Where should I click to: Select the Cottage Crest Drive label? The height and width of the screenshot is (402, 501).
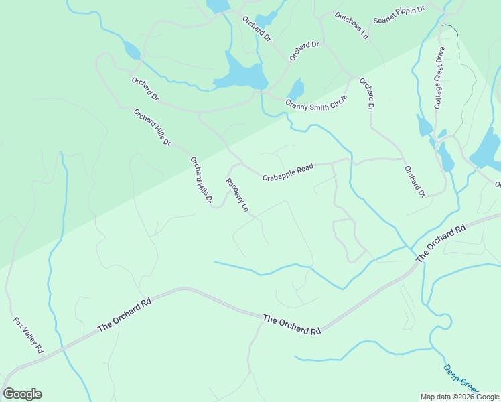[439, 82]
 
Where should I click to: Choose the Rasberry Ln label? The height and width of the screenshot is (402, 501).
[237, 196]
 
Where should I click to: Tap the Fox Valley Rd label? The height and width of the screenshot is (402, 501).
[28, 336]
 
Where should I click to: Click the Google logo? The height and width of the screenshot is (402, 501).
[22, 394]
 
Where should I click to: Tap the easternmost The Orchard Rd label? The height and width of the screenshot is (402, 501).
[440, 244]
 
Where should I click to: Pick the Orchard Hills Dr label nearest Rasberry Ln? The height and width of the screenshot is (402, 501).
[201, 180]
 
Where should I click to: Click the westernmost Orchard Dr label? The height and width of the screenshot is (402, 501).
[145, 90]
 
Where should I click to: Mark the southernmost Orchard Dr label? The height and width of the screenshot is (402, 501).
[415, 181]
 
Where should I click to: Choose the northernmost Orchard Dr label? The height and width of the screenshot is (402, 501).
[257, 29]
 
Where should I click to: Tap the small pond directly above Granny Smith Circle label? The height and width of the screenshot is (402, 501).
[295, 89]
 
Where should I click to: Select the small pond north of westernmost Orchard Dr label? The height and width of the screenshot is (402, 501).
[131, 50]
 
